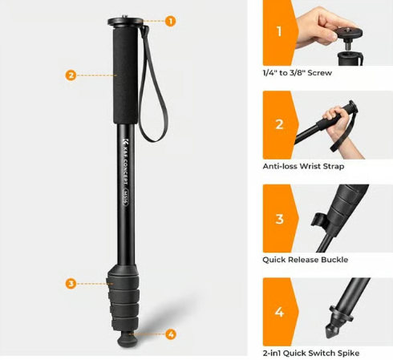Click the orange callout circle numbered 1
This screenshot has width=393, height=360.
pyautogui.click(x=170, y=21)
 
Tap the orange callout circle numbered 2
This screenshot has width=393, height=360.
pyautogui.click(x=71, y=75)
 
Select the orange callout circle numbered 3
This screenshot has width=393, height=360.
pyautogui.click(x=71, y=284)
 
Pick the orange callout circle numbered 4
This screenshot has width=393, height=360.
pyautogui.click(x=171, y=334)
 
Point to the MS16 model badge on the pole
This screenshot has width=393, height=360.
pyautogui.click(x=125, y=197)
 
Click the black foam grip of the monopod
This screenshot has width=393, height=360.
pyautogui.click(x=126, y=76)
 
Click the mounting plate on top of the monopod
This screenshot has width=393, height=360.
pyautogui.click(x=125, y=22)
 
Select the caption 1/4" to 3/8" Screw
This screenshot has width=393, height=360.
pyautogui.click(x=298, y=73)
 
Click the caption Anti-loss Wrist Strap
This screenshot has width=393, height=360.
pyautogui.click(x=303, y=166)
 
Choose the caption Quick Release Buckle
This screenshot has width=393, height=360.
pyautogui.click(x=306, y=260)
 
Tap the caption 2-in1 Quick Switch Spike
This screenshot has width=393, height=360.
pyautogui.click(x=311, y=354)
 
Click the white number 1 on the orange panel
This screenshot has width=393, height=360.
pyautogui.click(x=279, y=31)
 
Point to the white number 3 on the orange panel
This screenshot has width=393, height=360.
pyautogui.click(x=279, y=219)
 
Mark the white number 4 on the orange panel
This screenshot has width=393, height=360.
pyautogui.click(x=279, y=312)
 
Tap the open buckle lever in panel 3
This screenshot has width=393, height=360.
pyautogui.click(x=318, y=220)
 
